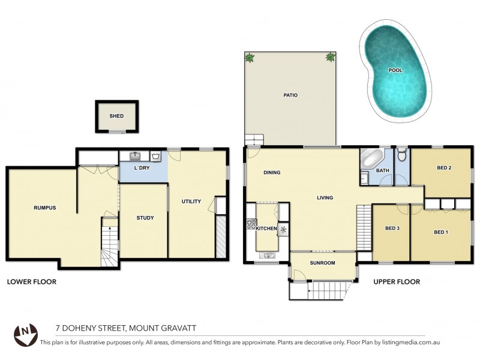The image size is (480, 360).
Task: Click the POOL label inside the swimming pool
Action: [x=395, y=70]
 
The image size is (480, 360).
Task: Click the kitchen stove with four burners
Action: [x=250, y=226]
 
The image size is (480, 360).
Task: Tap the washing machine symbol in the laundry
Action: [x=155, y=157]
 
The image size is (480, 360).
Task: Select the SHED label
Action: [x=116, y=116]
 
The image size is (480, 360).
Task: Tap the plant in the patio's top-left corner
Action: [x=250, y=58]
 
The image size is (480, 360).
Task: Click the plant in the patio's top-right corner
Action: [x=331, y=58]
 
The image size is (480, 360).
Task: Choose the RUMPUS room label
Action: [x=44, y=208]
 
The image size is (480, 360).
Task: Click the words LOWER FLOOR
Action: [x=31, y=281]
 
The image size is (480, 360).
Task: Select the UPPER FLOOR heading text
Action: [x=396, y=281]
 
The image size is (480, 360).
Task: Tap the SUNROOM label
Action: [x=322, y=263]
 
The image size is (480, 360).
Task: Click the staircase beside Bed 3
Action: [x=364, y=223]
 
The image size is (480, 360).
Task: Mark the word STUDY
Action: [x=145, y=218]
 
